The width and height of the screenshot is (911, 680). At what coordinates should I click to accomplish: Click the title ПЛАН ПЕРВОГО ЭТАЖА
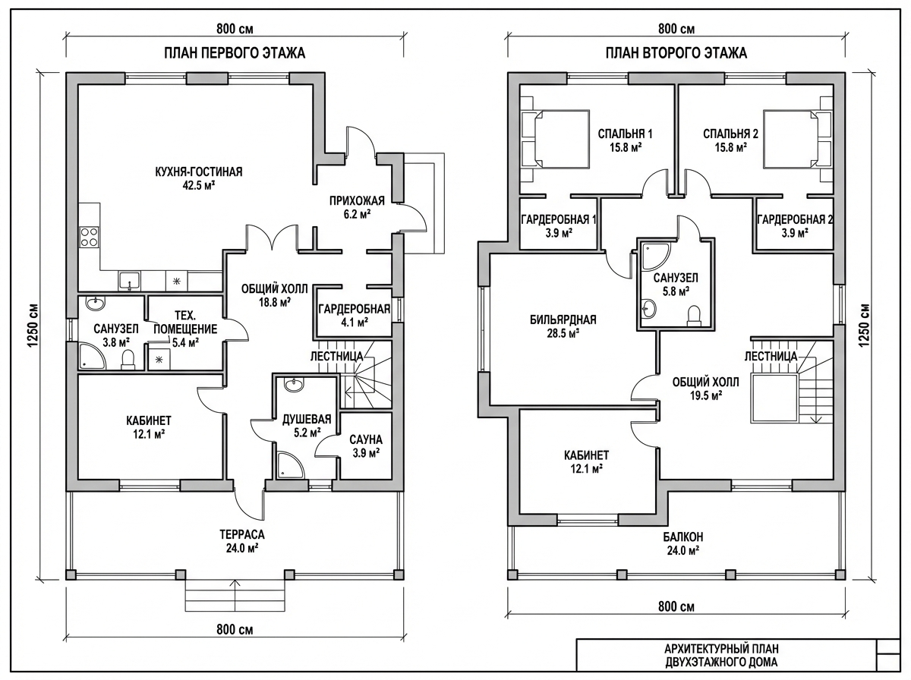pyautogui.click(x=235, y=53)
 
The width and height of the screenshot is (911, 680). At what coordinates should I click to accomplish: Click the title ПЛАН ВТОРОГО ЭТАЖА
pyautogui.click(x=676, y=53)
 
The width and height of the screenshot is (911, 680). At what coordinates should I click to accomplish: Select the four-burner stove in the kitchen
pyautogui.click(x=90, y=237)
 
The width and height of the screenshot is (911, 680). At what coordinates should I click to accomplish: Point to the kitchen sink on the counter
pyautogui.click(x=130, y=281)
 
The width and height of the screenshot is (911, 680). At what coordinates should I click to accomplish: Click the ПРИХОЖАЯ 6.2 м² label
pyautogui.click(x=357, y=207)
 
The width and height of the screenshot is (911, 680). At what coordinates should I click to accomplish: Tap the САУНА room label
pyautogui.click(x=366, y=439)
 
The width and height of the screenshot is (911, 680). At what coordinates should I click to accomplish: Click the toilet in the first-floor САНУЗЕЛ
pyautogui.click(x=128, y=360)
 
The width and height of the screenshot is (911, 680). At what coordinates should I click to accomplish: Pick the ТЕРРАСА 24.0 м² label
pyautogui.click(x=242, y=541)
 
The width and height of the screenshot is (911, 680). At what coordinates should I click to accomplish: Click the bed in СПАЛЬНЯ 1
pyautogui.click(x=562, y=139)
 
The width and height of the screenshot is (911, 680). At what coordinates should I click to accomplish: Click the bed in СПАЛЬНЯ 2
pyautogui.click(x=791, y=139)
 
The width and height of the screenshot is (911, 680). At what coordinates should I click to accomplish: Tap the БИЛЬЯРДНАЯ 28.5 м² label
pyautogui.click(x=563, y=326)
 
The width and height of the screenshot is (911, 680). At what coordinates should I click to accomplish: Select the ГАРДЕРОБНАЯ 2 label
pyautogui.click(x=794, y=219)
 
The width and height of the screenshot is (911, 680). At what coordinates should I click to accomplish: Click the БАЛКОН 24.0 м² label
pyautogui.click(x=682, y=543)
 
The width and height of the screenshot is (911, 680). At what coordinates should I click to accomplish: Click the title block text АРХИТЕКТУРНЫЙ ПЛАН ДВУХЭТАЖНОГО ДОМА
pyautogui.click(x=721, y=655)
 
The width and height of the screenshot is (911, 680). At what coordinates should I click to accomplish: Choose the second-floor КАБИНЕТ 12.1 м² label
pyautogui.click(x=586, y=461)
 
